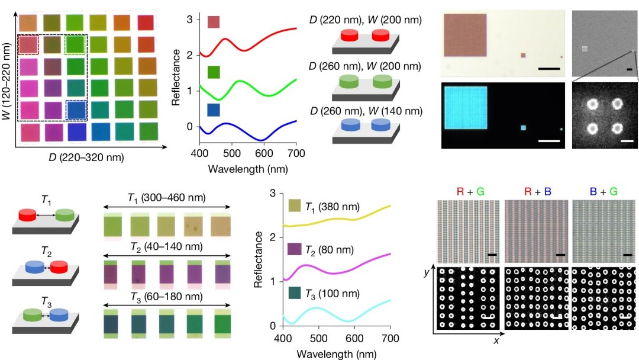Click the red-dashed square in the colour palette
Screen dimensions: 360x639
pos(28,45)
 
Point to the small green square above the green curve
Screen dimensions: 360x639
pos(214,72)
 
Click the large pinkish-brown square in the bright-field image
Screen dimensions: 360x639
pos(465,36)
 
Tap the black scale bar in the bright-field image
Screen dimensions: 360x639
pos(549,69)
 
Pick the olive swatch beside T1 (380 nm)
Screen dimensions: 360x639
pos(294,205)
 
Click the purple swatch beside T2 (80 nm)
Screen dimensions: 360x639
pos(294,248)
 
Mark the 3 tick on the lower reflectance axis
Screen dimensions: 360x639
pos(273,193)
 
